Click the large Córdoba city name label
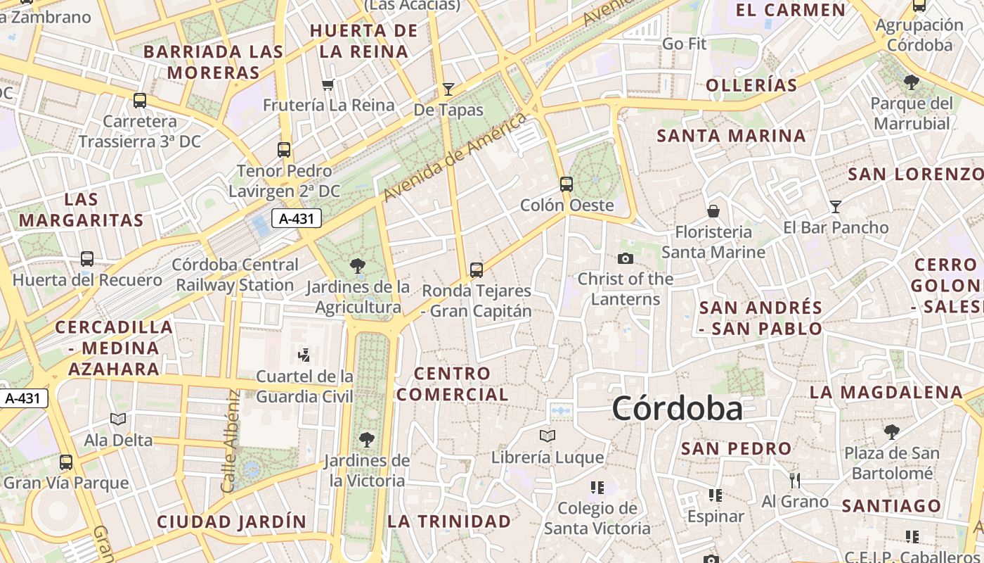pyautogui.click(x=677, y=409)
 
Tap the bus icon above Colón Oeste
pyautogui.click(x=567, y=184)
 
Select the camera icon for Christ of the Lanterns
pyautogui.click(x=626, y=258)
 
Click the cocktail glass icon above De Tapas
pyautogui.click(x=448, y=89)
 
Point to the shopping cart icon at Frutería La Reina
pyautogui.click(x=328, y=85)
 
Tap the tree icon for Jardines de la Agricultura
pyautogui.click(x=358, y=266)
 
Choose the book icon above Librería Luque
pyautogui.click(x=548, y=436)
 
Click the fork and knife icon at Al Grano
pyautogui.click(x=795, y=481)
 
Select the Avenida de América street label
pyautogui.click(x=456, y=156)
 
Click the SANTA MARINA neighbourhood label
pyautogui.click(x=731, y=136)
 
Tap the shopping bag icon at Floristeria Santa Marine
pyautogui.click(x=713, y=211)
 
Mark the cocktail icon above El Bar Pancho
pyautogui.click(x=836, y=206)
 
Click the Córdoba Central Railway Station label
pyautogui.click(x=235, y=275)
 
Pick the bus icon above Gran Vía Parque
pyautogui.click(x=66, y=462)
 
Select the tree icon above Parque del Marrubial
pyautogui.click(x=912, y=82)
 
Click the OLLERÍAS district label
pyautogui.click(x=751, y=86)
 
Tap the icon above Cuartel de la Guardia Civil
pyautogui.click(x=304, y=355)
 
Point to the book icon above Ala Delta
pyautogui.click(x=118, y=419)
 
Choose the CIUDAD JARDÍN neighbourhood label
pyautogui.click(x=231, y=522)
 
